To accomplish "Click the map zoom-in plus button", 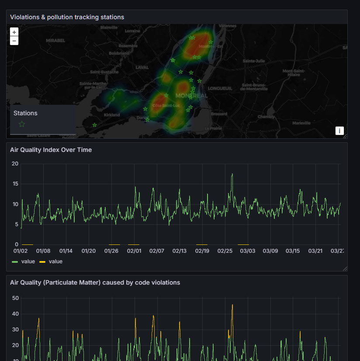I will pos(14,32).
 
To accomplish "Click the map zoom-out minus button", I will pos(14,41).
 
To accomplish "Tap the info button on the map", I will pos(339,131).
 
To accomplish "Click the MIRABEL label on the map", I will pos(55,41).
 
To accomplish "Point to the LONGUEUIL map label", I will pos(220,88).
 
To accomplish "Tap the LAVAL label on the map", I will pos(142,67).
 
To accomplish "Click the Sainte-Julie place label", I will pos(254,61).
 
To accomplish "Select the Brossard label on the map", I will pos(219,113).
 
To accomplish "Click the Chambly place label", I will pos(266,117).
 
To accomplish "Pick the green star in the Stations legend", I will pos(22,124).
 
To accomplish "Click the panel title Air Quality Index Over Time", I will pos(51,150).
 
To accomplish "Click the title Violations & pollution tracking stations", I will pos(67,17).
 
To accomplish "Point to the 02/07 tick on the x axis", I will pos(157,251).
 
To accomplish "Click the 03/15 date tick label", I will pos(293,251).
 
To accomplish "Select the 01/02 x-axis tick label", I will pos(21,251).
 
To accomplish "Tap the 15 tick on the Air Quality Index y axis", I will pos(15,184).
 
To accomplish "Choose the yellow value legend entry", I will pos(51,261).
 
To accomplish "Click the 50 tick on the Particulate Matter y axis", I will pos(15,298).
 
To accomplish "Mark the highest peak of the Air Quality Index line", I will pos(232,174).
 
